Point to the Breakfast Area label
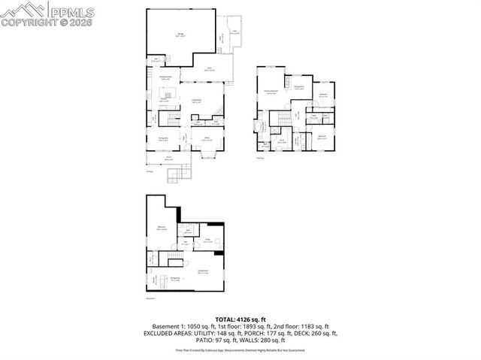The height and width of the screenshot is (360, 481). click(x=166, y=77)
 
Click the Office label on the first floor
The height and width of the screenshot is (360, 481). click(x=206, y=139)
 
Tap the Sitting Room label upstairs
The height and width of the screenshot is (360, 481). click(x=298, y=87)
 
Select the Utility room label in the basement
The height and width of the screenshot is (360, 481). click(x=207, y=241)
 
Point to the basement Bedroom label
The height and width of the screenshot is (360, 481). click(x=162, y=228)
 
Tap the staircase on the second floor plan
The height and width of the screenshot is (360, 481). click(x=283, y=118)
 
